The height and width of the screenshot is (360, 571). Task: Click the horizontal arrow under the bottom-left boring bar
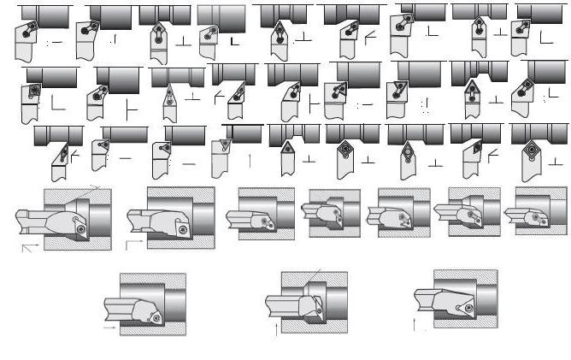(x=109, y=326)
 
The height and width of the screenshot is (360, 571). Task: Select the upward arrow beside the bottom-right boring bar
(x=415, y=324)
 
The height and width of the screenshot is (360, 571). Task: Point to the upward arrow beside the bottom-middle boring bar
(x=275, y=328)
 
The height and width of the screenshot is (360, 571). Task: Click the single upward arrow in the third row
(x=250, y=158)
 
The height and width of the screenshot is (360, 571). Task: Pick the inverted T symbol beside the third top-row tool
(x=183, y=41)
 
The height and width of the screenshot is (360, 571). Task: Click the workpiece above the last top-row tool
(x=540, y=10)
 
